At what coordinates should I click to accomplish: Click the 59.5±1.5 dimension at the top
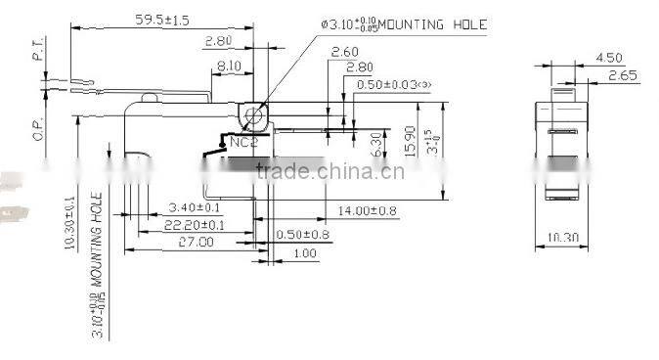(162, 19)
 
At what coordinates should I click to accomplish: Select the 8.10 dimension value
(228, 65)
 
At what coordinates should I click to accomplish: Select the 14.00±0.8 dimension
(367, 210)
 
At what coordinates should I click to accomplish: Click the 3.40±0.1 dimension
(195, 208)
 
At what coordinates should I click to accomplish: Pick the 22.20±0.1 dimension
(194, 225)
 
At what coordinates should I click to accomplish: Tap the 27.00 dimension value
(194, 242)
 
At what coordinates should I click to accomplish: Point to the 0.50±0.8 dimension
(302, 235)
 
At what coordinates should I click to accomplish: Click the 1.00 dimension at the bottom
(305, 254)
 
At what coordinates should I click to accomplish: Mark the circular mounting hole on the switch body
(254, 117)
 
